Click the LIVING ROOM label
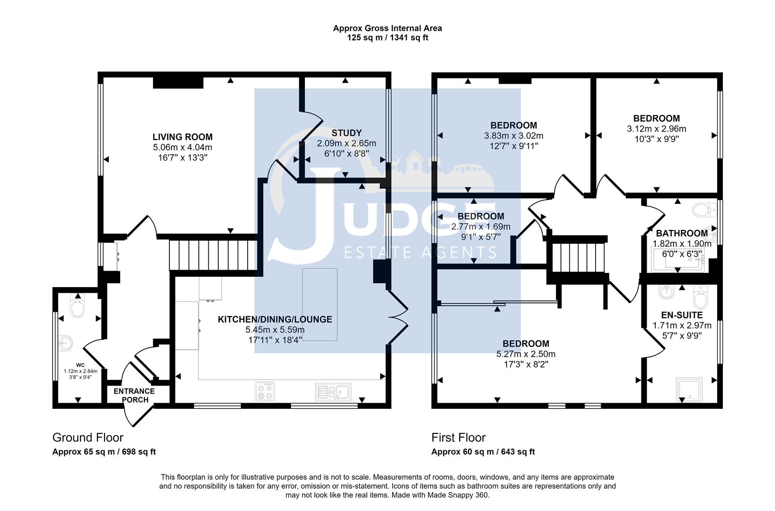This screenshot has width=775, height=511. [183, 137]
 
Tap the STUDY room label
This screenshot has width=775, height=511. [347, 133]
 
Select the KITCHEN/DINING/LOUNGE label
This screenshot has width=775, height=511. [275, 319]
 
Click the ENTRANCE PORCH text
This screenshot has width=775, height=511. [134, 396]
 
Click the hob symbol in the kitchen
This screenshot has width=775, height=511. [265, 391]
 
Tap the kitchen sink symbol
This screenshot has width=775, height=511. [333, 392]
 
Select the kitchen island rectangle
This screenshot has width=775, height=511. [320, 305]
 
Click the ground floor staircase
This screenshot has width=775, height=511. [213, 255]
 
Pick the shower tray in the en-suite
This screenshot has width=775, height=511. [689, 390]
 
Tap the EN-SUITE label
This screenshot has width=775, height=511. [682, 315]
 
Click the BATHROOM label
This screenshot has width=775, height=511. [682, 233]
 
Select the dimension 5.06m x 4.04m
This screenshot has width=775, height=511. [183, 148]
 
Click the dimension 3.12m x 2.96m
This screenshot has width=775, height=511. [657, 129]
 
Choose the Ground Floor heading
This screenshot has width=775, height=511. [88, 438]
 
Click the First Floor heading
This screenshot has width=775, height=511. [458, 438]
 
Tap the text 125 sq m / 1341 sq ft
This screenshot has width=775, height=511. [387, 38]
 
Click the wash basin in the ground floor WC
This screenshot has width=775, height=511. [65, 344]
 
